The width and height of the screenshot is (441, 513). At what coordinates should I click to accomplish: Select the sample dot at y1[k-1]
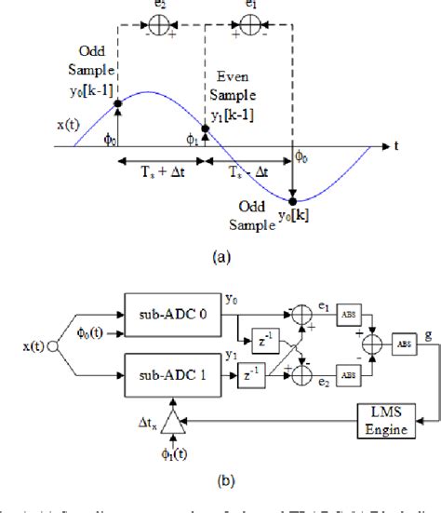206,129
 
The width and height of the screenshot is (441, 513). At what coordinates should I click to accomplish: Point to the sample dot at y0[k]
294,199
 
